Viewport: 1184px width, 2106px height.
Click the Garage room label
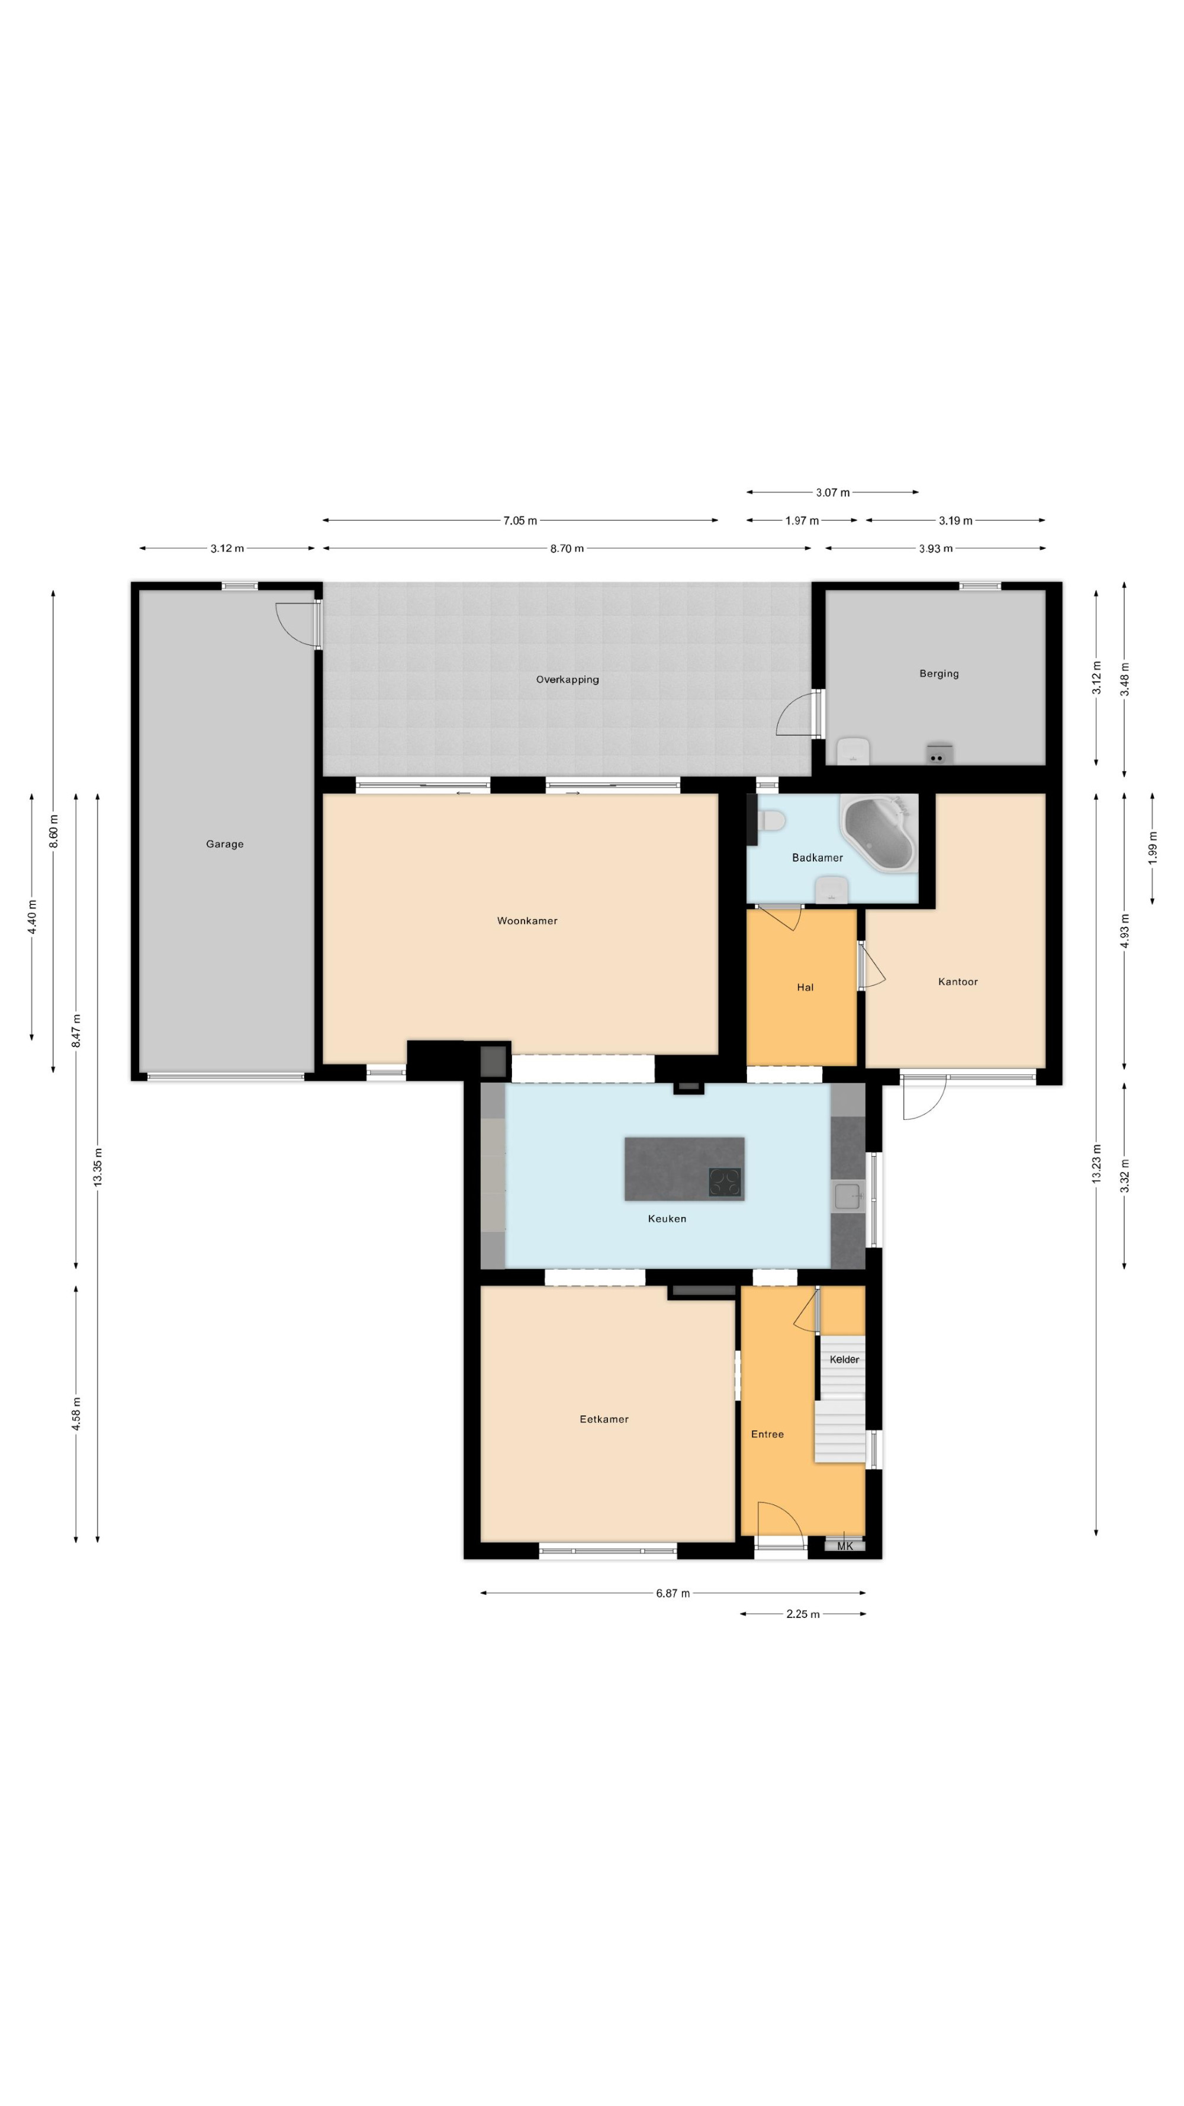225,844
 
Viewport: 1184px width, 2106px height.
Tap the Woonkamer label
527,920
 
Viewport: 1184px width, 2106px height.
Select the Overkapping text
567,679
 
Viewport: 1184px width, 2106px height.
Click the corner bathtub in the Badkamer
879,833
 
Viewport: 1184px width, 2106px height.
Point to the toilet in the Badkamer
771,820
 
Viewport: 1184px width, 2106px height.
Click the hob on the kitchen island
725,1182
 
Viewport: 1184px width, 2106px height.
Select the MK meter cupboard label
845,1546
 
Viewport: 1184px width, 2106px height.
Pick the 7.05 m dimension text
520,521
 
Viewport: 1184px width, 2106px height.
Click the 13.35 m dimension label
97,1167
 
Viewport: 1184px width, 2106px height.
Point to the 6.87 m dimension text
673,1593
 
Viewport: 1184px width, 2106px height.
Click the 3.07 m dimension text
832,493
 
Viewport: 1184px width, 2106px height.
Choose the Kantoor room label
958,982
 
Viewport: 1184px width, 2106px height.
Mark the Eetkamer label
604,1419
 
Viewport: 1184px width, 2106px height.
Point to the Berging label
939,673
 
